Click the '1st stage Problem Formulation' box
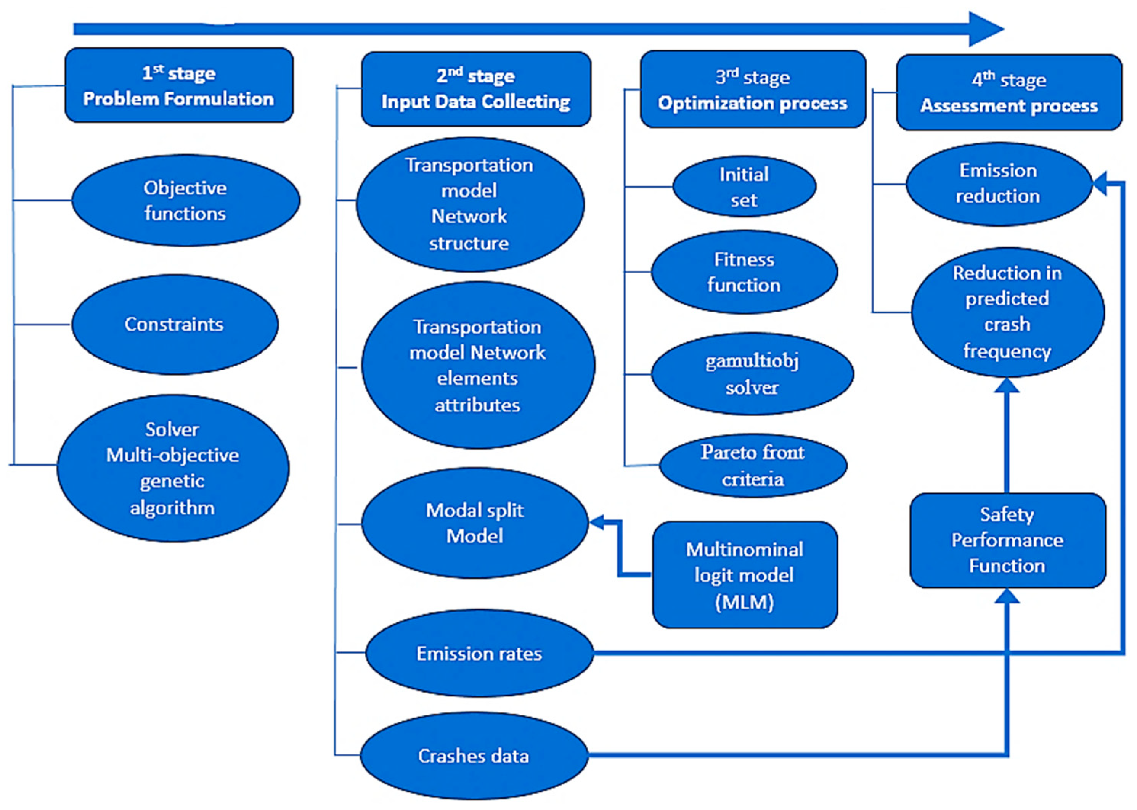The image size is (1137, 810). point(178,85)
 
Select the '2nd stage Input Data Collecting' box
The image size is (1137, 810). point(476,89)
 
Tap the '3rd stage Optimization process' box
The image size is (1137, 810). point(753,89)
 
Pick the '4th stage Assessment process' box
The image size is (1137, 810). point(1009,93)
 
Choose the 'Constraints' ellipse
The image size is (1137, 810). point(175,324)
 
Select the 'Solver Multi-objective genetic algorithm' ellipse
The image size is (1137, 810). point(173,468)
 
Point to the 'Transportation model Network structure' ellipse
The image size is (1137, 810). point(469,204)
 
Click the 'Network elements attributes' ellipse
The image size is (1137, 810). point(478,365)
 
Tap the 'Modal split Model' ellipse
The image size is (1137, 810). point(475,523)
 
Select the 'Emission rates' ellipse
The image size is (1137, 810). point(479,653)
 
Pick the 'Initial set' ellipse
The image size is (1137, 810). point(744,186)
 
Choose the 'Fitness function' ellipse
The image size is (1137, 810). point(744,272)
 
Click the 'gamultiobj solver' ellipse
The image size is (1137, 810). point(752,374)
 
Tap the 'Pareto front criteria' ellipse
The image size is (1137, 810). point(753,465)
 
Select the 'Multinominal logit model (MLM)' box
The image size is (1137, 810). point(745,575)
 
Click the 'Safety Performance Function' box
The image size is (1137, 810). point(1007,540)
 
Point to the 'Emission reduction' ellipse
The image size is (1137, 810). point(998,183)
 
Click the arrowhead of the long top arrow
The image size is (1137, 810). point(985,29)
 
